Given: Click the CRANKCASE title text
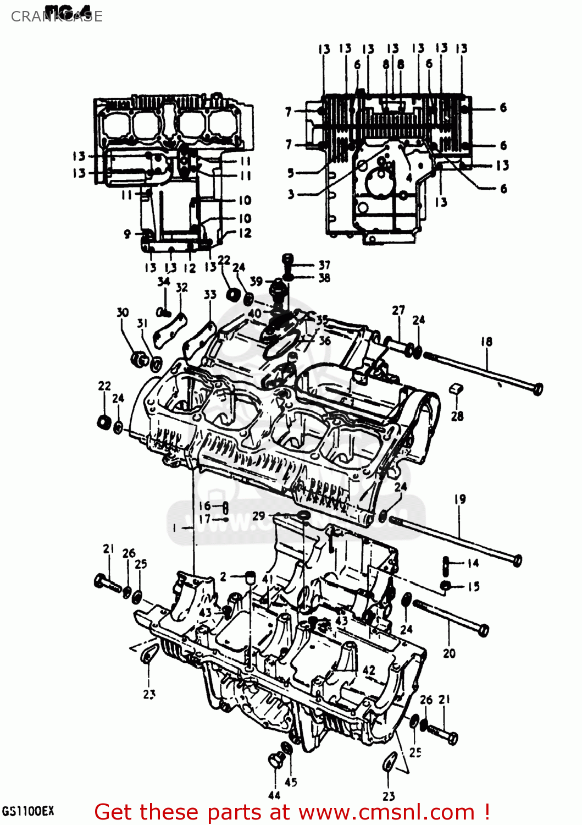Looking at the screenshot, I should (x=57, y=16).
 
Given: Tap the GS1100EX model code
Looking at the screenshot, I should (x=28, y=811).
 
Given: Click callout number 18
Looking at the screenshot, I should (x=486, y=342).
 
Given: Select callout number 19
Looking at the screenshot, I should (x=460, y=499).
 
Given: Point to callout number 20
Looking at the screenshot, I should (x=449, y=653).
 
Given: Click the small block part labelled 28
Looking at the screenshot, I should (x=456, y=389).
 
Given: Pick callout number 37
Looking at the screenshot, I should (x=324, y=265).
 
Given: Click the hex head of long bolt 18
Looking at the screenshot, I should (x=537, y=388).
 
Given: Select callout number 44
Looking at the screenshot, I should (x=274, y=795).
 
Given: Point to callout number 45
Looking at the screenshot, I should (x=291, y=782).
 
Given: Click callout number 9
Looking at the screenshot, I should (x=127, y=234).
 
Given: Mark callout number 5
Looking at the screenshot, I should (x=291, y=173).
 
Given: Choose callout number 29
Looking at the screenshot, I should (x=258, y=516).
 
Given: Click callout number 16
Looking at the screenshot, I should (x=204, y=505).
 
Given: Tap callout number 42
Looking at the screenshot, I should (x=369, y=670).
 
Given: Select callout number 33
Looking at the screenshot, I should (x=210, y=295).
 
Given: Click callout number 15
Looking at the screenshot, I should (x=473, y=587).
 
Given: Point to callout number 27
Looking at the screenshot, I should (x=398, y=310).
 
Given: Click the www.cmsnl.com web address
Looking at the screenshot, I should (x=386, y=812).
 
